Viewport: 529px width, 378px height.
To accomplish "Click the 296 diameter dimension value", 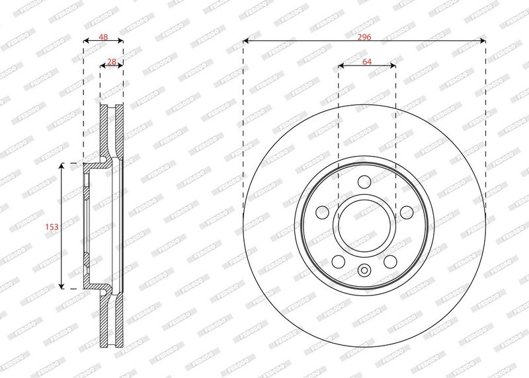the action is click(x=364, y=37).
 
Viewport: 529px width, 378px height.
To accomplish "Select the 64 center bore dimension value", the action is click(x=367, y=61).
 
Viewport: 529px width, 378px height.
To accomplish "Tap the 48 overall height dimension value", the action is click(x=103, y=37).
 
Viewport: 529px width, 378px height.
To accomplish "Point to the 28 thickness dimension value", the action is click(x=111, y=61).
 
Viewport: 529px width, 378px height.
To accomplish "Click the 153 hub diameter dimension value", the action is click(x=52, y=227).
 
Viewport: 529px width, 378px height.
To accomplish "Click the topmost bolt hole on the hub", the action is click(x=364, y=182).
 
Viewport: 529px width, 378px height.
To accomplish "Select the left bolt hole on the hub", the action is click(x=322, y=212).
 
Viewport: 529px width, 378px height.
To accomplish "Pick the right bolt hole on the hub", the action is click(x=407, y=212).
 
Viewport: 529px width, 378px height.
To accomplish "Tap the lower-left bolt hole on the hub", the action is click(x=339, y=261).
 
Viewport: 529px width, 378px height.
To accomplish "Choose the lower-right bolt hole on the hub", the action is click(x=390, y=261).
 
